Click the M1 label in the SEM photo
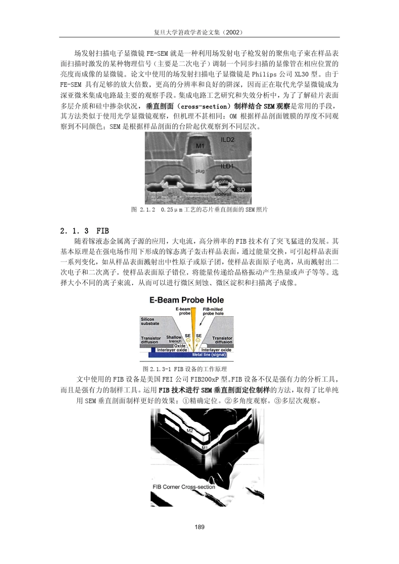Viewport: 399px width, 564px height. tap(200, 146)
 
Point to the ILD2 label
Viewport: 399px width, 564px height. tap(228, 140)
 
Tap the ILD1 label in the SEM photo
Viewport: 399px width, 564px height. tap(227, 166)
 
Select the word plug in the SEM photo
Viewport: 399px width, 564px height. tap(200, 171)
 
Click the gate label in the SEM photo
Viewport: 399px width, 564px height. tap(223, 182)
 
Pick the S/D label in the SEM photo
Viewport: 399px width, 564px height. tap(241, 190)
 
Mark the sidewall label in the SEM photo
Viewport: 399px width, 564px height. tap(223, 194)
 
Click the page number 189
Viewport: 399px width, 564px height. tap(199, 527)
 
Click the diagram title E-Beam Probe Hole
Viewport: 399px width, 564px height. tap(186, 300)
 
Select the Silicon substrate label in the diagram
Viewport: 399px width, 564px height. tap(150, 321)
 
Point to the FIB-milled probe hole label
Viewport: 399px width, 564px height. tap(213, 311)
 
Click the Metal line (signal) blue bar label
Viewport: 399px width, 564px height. tap(209, 355)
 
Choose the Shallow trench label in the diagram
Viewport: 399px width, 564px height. tap(174, 339)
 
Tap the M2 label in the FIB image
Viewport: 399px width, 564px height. tap(190, 431)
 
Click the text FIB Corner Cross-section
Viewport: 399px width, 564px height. tap(184, 487)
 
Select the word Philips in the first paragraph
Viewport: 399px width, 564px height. tap(264, 74)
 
